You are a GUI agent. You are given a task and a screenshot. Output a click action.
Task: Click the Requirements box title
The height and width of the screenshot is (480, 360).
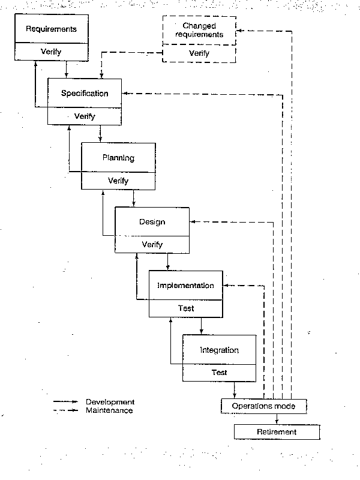(51, 28)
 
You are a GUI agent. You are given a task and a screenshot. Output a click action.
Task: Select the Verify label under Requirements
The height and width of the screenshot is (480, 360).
(51, 52)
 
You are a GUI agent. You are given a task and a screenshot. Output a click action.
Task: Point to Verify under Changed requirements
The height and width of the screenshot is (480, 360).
(199, 53)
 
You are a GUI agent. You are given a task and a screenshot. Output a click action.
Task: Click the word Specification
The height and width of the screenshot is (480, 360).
(85, 94)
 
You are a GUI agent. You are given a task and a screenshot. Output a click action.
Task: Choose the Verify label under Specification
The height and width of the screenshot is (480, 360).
(85, 116)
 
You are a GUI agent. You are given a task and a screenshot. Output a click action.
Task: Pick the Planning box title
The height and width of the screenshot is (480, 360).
(118, 158)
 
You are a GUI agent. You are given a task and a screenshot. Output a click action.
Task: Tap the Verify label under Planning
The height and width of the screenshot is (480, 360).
(118, 181)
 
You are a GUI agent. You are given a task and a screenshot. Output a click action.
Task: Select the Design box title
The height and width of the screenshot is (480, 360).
(152, 222)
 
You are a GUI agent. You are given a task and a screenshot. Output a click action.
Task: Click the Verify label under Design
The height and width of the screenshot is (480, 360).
(152, 244)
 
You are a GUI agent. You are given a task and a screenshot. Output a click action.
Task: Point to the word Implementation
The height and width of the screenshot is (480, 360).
(185, 286)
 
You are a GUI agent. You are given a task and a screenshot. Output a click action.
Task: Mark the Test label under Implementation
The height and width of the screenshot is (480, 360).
(186, 308)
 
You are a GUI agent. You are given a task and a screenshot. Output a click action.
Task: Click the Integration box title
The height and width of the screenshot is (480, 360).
(219, 350)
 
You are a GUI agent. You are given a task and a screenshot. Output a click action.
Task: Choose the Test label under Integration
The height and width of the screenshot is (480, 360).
(219, 373)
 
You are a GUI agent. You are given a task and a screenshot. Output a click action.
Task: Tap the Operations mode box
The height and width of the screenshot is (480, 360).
(264, 406)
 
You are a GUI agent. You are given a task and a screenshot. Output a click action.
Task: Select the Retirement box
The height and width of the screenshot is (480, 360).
(277, 432)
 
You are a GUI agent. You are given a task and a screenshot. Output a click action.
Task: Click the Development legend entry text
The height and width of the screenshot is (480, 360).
(110, 402)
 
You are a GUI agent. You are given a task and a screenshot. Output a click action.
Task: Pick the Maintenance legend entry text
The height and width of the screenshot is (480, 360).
(109, 410)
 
